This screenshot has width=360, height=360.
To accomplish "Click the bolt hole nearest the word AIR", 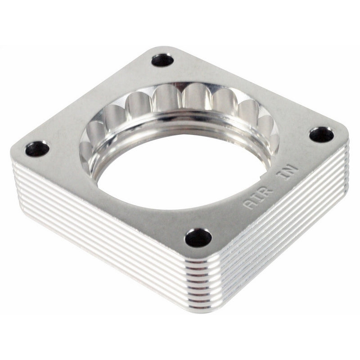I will pyautogui.click(x=198, y=237).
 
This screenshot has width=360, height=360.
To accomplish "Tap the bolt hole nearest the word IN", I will pyautogui.click(x=321, y=135).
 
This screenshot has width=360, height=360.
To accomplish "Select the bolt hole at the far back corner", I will pyautogui.click(x=162, y=60).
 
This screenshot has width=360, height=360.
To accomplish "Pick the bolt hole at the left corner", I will pyautogui.click(x=37, y=148).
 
